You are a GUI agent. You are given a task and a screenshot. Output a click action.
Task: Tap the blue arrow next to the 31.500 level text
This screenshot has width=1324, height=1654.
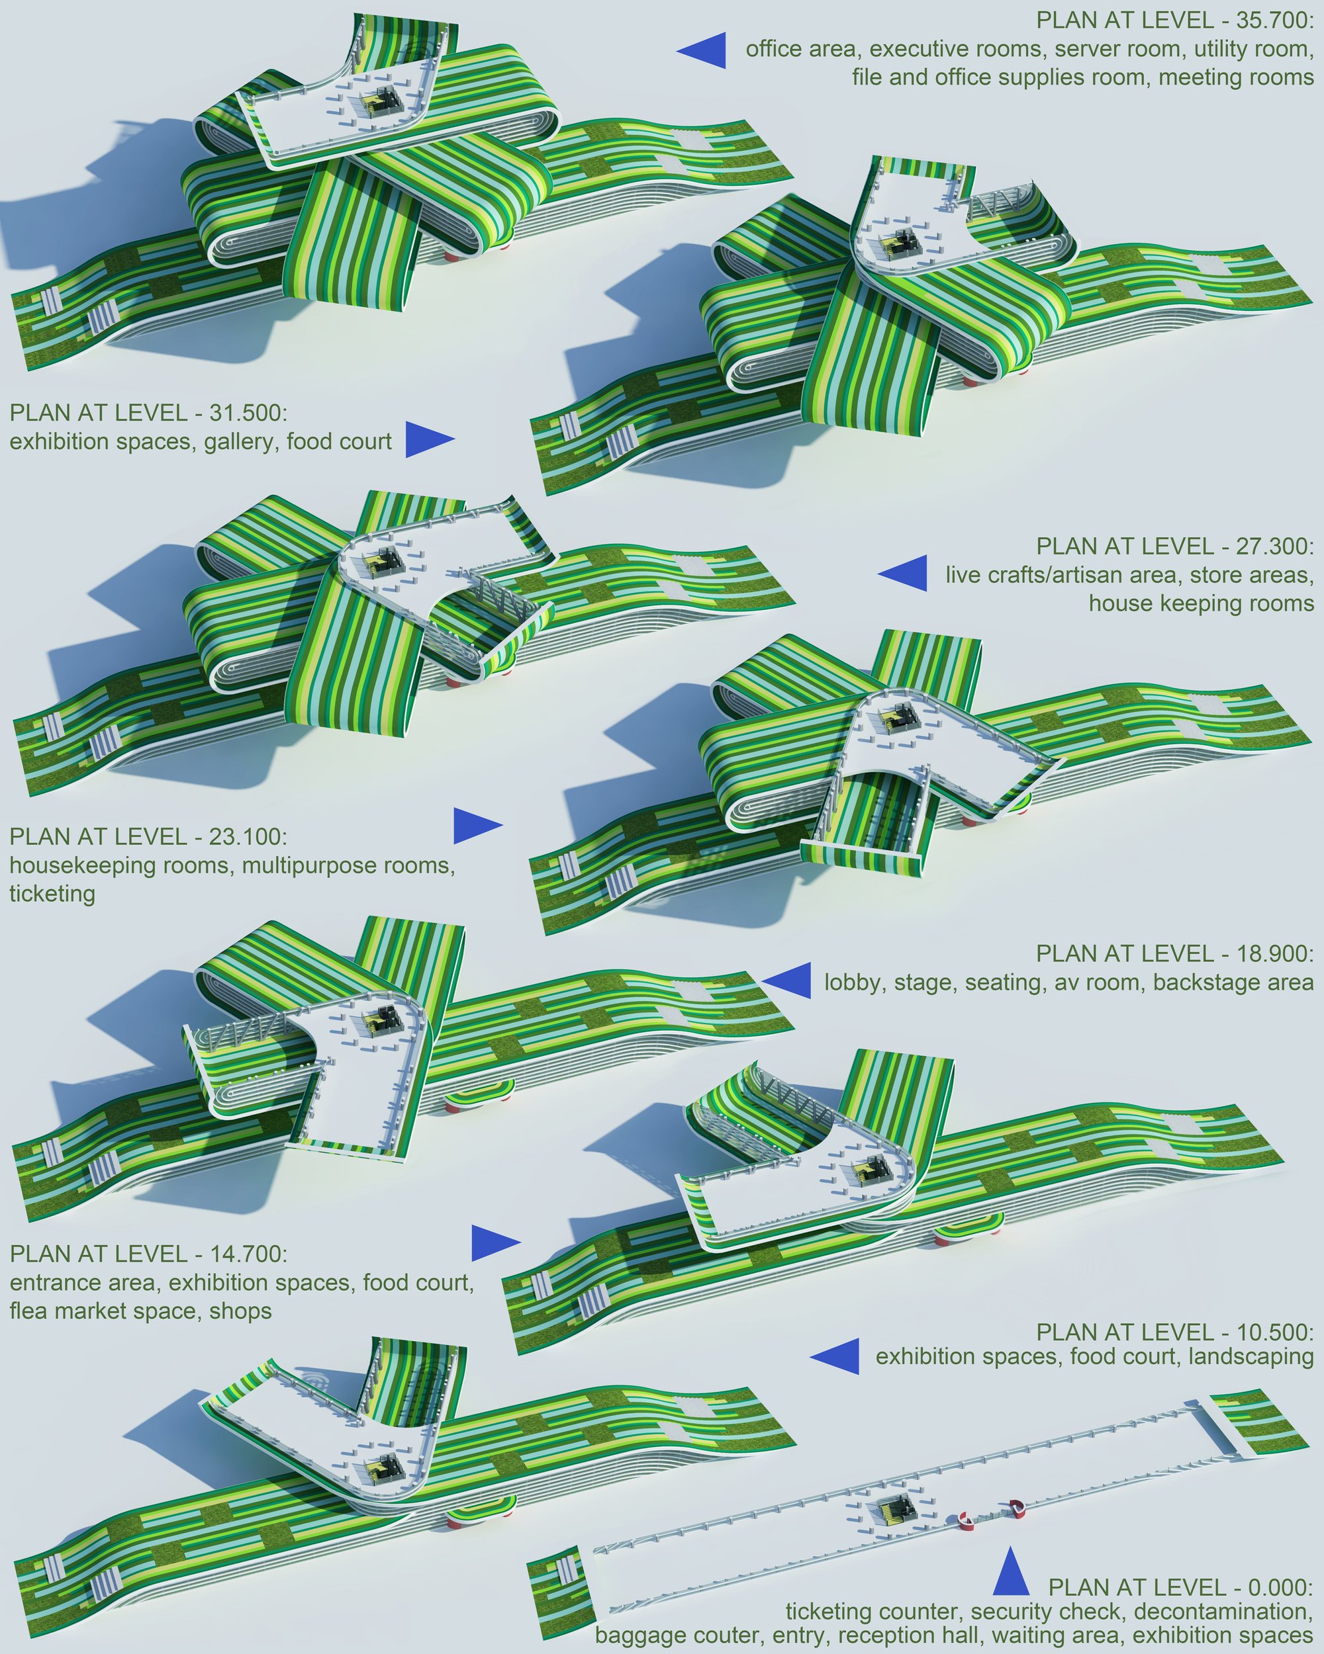coord(430,439)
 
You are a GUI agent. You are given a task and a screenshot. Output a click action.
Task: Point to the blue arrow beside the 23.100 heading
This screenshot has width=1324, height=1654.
coord(478,826)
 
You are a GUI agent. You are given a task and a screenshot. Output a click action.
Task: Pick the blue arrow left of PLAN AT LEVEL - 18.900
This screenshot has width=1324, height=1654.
coord(786,981)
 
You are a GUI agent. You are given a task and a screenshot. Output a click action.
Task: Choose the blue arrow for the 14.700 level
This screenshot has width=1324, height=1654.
coord(496,1242)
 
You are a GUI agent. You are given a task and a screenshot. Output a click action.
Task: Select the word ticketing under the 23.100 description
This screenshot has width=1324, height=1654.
coord(52,894)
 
